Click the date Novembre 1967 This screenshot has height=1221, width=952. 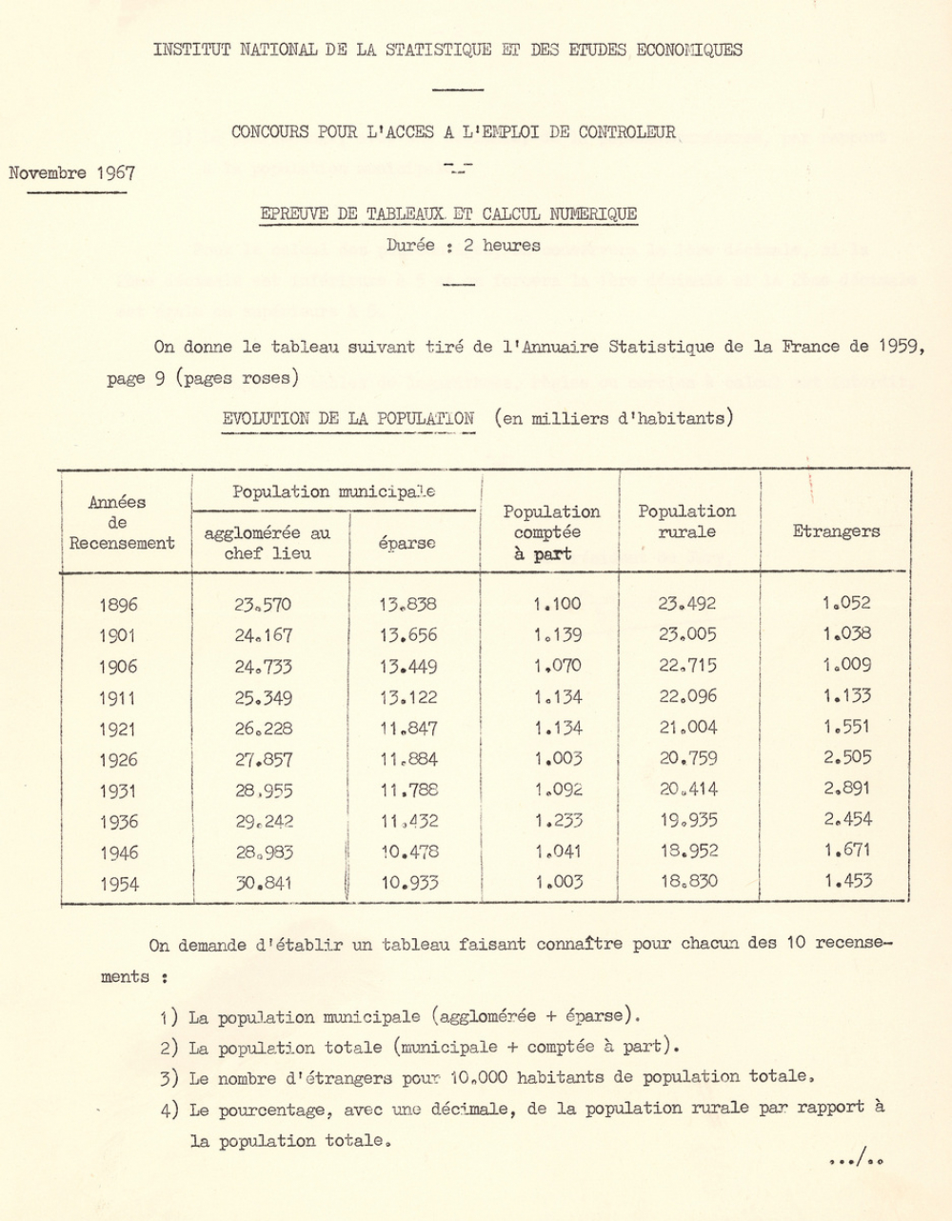point(71,173)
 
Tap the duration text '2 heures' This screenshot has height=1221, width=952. point(502,245)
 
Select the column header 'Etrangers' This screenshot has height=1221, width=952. point(836,531)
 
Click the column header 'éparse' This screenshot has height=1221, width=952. point(407,543)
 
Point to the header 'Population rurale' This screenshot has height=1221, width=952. point(686,522)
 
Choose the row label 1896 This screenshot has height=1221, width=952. point(118,605)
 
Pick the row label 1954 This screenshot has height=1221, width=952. point(118,884)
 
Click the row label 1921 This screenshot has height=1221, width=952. point(118,730)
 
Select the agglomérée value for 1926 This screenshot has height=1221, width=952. point(264,760)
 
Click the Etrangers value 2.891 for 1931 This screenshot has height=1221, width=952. point(847,789)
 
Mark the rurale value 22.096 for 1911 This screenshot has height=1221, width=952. point(687,697)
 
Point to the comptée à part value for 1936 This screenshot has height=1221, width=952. point(558,821)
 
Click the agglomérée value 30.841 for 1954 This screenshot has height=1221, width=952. point(264,883)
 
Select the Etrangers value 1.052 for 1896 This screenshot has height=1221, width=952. point(846,603)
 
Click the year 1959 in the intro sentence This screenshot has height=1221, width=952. point(900,347)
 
